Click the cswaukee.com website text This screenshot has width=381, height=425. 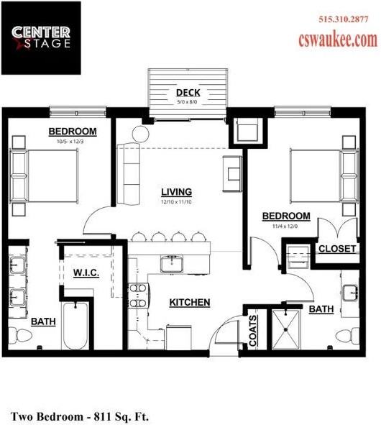(x=337, y=40)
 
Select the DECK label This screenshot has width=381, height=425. (x=188, y=93)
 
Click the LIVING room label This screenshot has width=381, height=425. (x=176, y=191)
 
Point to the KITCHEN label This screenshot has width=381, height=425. (x=189, y=302)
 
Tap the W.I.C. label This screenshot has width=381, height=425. (x=86, y=273)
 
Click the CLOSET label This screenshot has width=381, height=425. (x=337, y=248)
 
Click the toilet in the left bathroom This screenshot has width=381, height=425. (x=22, y=335)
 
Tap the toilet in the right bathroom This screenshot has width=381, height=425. (x=349, y=335)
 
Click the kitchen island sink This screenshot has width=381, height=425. (x=173, y=264)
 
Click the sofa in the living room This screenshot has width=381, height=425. (x=130, y=173)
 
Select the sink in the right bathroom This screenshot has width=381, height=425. (x=352, y=292)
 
